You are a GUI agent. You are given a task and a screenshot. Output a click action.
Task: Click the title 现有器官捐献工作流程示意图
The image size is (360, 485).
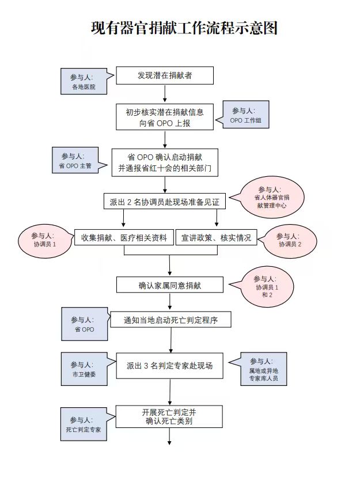click(184, 28)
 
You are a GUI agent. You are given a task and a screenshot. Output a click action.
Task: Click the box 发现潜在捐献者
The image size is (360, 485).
click(165, 75)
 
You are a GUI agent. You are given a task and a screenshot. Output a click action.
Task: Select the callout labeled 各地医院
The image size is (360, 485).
click(84, 81)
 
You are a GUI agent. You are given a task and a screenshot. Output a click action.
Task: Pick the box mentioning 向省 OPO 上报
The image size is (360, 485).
click(165, 117)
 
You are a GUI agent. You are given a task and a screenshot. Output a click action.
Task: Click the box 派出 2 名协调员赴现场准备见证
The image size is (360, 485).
click(165, 202)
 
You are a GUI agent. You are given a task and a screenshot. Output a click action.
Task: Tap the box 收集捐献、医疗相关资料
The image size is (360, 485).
click(124, 237)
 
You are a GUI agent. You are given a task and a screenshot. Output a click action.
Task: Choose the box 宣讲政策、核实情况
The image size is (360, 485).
click(216, 237)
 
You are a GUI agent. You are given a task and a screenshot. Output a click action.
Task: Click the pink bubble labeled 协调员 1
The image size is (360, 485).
click(45, 241)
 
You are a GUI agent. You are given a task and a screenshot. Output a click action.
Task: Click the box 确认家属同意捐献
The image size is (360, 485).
click(169, 285)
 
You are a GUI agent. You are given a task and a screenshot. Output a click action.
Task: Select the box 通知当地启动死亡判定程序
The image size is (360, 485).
click(170, 320)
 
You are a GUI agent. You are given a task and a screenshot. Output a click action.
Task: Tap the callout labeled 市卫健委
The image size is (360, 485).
click(84, 369)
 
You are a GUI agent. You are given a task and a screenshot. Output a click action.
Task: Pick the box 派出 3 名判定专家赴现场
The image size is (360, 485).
click(169, 366)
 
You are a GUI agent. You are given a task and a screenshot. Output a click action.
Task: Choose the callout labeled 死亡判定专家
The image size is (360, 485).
click(84, 424)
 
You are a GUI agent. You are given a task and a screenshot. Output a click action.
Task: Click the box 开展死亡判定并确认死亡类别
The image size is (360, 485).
click(169, 416)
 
